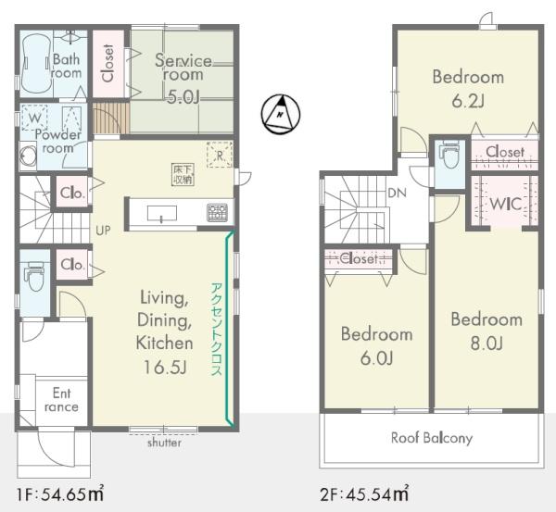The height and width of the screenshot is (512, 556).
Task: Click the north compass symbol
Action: [281, 114]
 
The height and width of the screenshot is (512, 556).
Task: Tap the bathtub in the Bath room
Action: [36, 64]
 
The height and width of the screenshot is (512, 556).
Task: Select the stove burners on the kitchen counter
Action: [217, 213]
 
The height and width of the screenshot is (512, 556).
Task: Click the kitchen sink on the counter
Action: [161, 213]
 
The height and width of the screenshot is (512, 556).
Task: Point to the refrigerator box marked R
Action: [220, 155]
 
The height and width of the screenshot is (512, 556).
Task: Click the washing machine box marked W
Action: [34, 118]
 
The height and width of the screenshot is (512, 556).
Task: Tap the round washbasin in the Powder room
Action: [28, 156]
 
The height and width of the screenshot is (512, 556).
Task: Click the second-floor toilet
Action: [449, 154]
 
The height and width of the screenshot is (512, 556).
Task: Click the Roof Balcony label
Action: [432, 438]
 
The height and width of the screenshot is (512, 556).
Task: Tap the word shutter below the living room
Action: [164, 443]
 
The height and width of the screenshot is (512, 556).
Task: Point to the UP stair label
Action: [103, 231]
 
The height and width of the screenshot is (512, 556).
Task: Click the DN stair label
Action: [398, 194]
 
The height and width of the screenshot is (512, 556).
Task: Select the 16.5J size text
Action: [165, 367]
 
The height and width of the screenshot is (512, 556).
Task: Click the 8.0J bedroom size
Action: [486, 343]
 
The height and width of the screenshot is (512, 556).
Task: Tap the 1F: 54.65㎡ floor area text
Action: [60, 493]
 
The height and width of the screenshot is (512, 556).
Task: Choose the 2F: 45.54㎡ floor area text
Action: [364, 493]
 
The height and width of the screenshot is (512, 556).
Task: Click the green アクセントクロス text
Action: [216, 329]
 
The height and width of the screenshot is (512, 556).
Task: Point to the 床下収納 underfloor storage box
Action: [183, 174]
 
